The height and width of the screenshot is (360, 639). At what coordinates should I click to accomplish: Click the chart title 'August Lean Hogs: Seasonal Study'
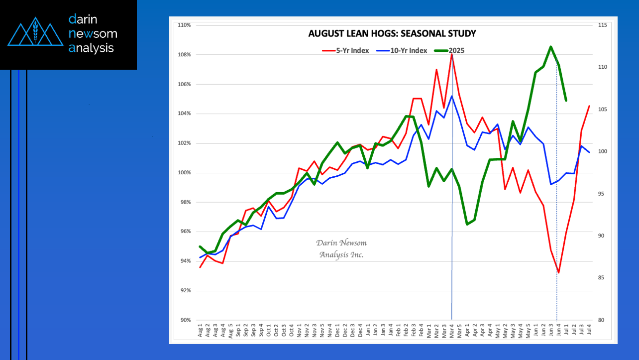392,34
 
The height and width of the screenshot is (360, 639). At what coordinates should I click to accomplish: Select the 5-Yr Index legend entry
346,50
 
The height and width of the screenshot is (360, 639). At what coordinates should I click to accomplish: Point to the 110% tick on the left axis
184,25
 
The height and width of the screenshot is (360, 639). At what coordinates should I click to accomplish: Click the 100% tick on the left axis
184,173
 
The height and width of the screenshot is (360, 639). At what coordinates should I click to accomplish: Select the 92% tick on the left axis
184,291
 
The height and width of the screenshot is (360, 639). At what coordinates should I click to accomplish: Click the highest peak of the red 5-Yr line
451,54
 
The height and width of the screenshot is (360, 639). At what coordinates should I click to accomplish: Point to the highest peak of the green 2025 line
551,47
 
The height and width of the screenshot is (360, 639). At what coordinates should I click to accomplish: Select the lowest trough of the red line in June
558,272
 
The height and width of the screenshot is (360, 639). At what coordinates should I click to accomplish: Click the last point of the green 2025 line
566,100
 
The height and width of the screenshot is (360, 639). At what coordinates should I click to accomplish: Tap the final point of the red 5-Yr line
589,106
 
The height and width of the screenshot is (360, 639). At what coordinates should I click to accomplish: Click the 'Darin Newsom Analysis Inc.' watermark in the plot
341,248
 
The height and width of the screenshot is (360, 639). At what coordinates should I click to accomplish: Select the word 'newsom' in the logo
94,34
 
